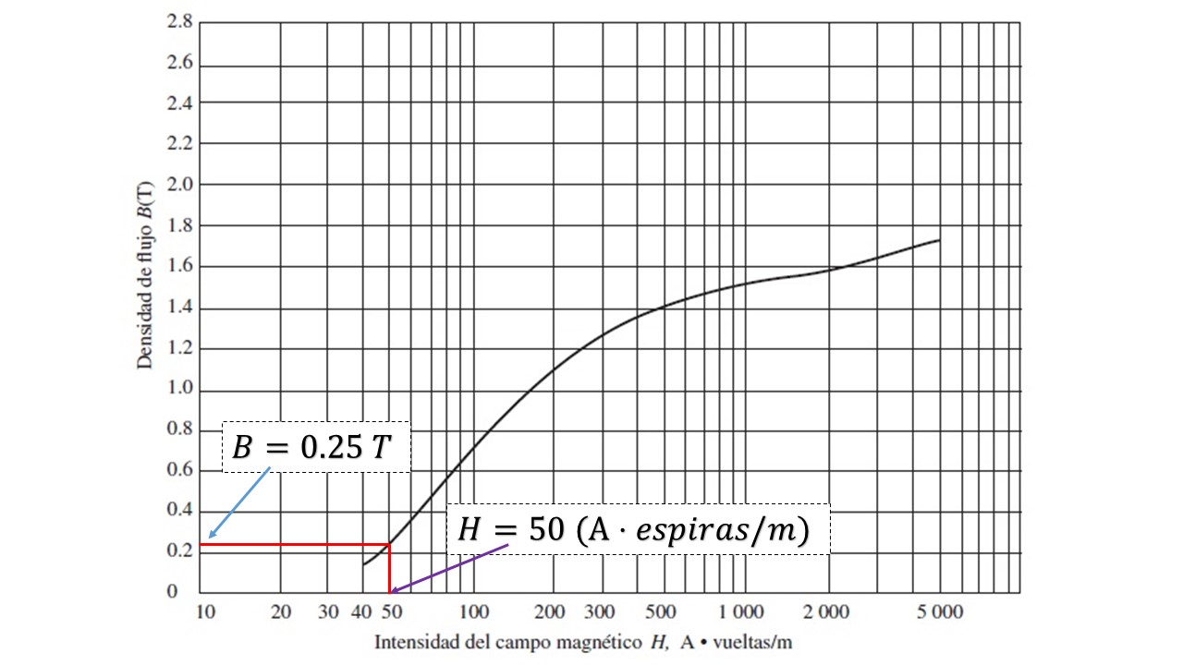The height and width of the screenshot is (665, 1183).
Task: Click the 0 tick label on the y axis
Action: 187,592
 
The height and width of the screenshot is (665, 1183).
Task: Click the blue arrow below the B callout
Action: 239,502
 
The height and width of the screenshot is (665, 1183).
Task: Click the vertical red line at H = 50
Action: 389,568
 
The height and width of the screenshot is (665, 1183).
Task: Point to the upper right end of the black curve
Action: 939,240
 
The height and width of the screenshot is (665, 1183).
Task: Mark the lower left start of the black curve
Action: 364,563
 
